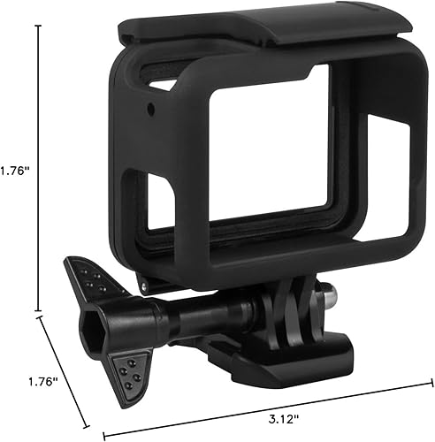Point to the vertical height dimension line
click(x=38, y=168)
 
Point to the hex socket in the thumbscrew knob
click(x=91, y=330)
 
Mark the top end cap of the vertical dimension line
click(x=38, y=26)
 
